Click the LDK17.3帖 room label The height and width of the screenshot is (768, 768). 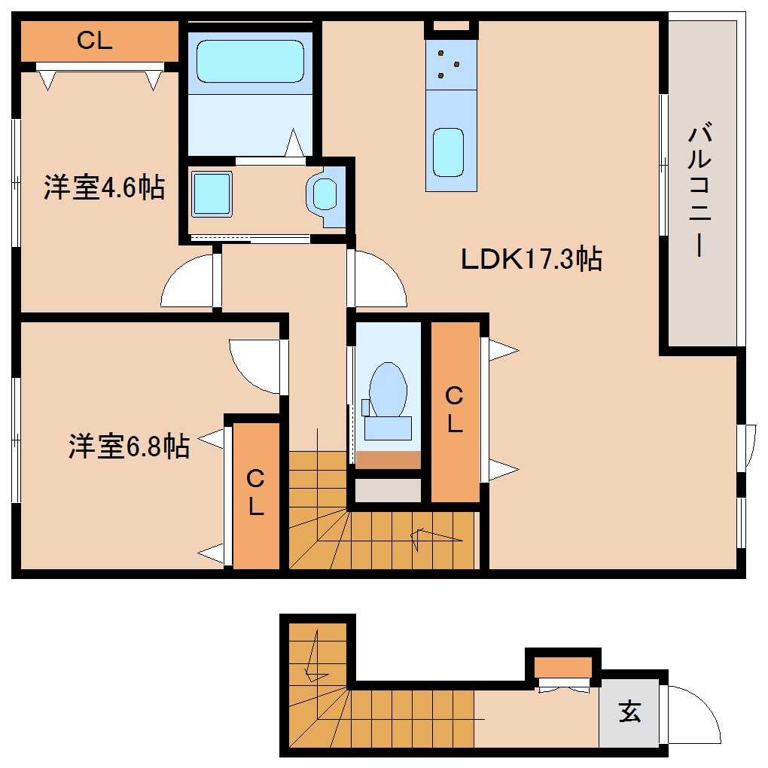[532, 258]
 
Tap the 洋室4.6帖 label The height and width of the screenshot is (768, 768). [105, 187]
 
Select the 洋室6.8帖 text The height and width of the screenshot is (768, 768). [130, 446]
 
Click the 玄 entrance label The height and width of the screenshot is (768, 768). [630, 712]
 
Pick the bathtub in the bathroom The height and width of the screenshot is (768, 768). [250, 61]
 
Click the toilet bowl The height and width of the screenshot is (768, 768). [388, 389]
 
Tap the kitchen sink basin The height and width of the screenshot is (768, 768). [448, 152]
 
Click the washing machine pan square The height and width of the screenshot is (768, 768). [212, 194]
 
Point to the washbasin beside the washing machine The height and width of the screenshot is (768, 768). [325, 194]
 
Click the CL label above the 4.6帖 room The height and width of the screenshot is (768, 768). [95, 40]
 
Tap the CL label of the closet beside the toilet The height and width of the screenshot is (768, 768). [455, 410]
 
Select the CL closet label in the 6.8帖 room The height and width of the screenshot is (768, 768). [256, 492]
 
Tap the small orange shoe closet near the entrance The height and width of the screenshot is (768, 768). [562, 668]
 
